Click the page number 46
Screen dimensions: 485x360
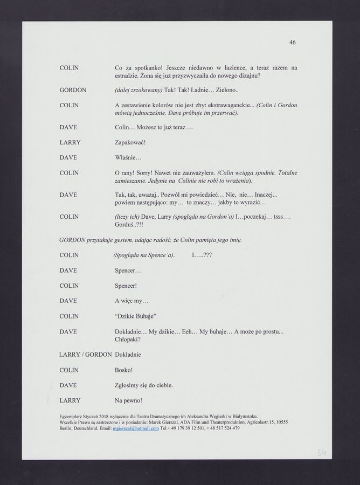292,42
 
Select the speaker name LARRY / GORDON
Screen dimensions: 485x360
85,355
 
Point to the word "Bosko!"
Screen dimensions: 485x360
124,370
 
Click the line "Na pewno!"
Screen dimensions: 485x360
129,400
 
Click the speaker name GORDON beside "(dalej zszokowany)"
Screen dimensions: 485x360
73,90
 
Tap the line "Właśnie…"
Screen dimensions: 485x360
128,157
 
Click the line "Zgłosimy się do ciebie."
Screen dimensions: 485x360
144,385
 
